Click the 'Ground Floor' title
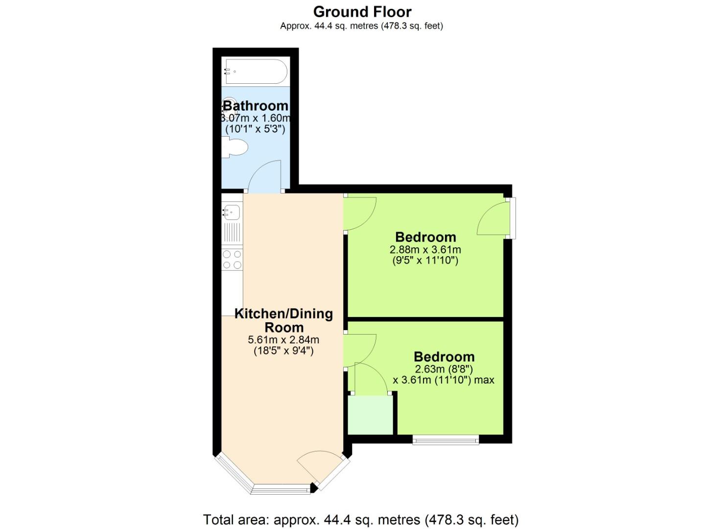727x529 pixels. pos(362,11)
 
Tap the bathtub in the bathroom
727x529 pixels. pos(255,72)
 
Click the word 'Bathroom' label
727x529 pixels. pos(256,106)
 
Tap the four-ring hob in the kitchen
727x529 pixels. pos(232,260)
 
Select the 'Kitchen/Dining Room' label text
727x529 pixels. pos(283,320)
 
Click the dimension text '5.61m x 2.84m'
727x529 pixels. pos(283,339)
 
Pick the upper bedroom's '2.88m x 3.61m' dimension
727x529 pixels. pos(425,249)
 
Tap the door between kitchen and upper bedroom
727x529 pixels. pos(360,214)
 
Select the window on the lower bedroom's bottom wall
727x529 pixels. pos(446,440)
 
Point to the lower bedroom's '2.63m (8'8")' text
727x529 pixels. pos(444,369)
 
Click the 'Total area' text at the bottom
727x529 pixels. pos(360,519)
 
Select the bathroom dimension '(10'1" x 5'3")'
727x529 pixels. pos(255,129)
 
